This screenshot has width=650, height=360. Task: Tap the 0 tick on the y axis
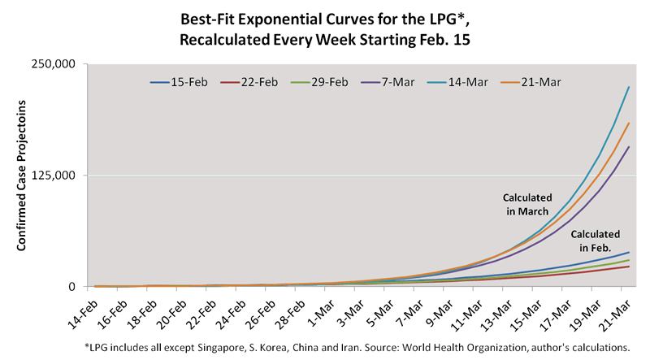(x=71, y=287)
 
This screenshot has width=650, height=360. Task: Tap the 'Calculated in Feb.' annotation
(x=600, y=240)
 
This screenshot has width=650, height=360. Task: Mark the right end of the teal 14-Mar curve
(x=629, y=88)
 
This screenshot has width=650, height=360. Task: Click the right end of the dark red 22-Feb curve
(x=629, y=267)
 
